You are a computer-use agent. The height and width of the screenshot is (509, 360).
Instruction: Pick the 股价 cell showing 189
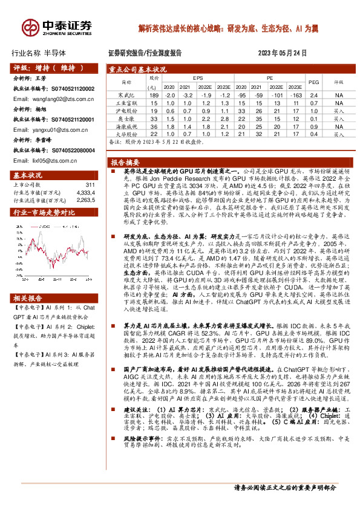(x=154, y=96)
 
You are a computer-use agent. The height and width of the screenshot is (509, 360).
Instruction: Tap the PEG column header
(x=313, y=82)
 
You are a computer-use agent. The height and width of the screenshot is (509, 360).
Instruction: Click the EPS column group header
(x=198, y=78)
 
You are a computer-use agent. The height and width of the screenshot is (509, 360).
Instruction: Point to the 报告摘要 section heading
(x=125, y=163)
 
